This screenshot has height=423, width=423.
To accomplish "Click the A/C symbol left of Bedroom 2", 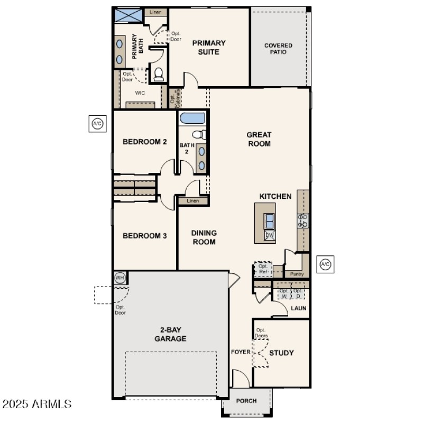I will (97, 124).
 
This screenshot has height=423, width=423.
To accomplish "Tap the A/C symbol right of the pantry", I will (325, 264).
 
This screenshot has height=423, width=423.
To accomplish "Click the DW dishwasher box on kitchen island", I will (270, 235).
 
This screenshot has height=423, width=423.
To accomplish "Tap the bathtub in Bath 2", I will (192, 118).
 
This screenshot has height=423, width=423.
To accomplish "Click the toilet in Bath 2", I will (198, 134).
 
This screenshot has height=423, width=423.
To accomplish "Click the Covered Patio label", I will (278, 49).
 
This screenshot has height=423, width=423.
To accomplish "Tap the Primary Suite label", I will (209, 48).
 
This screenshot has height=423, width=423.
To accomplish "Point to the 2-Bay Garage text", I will (170, 334).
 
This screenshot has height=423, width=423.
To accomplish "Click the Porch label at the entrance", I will (246, 401).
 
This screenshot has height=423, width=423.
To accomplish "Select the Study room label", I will (281, 353).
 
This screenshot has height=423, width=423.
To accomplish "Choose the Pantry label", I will (297, 274).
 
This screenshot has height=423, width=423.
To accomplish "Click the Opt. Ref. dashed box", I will (263, 269).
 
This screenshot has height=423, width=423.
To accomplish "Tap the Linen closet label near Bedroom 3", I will (193, 201).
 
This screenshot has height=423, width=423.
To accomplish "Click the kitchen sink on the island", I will (270, 219).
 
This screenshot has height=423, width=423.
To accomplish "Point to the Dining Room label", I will (204, 237).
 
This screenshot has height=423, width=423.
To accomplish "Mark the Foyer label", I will (241, 352).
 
